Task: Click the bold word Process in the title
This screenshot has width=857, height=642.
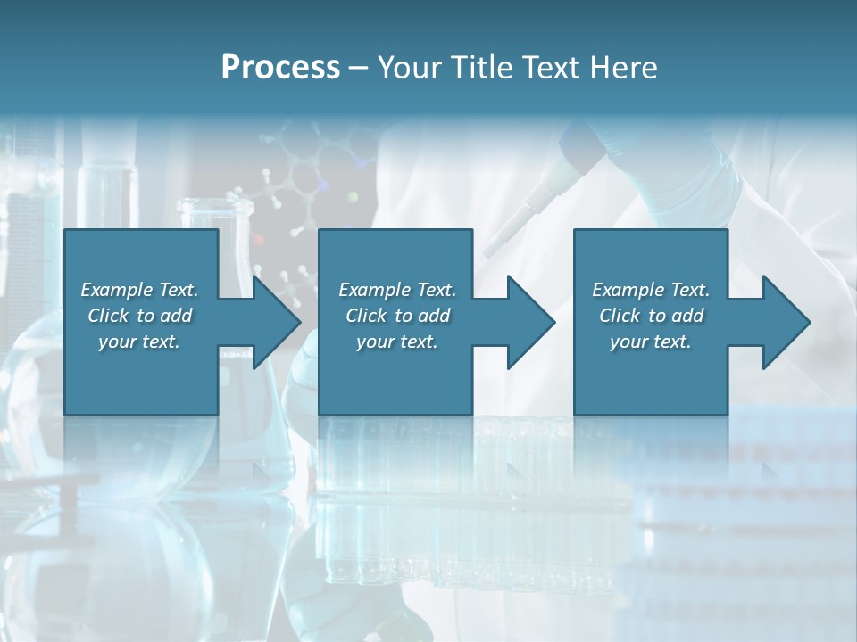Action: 280,68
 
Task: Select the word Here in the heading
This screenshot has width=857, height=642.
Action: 624,68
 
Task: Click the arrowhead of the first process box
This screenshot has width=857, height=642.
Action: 273,322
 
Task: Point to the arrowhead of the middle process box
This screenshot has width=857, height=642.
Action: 528,322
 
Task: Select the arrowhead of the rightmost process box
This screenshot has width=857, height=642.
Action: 784,322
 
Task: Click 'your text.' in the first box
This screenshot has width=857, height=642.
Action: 139,342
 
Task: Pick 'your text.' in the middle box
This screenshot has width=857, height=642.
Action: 396,342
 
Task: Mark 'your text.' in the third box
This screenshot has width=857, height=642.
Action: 651,342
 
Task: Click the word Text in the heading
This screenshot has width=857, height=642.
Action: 547,68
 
